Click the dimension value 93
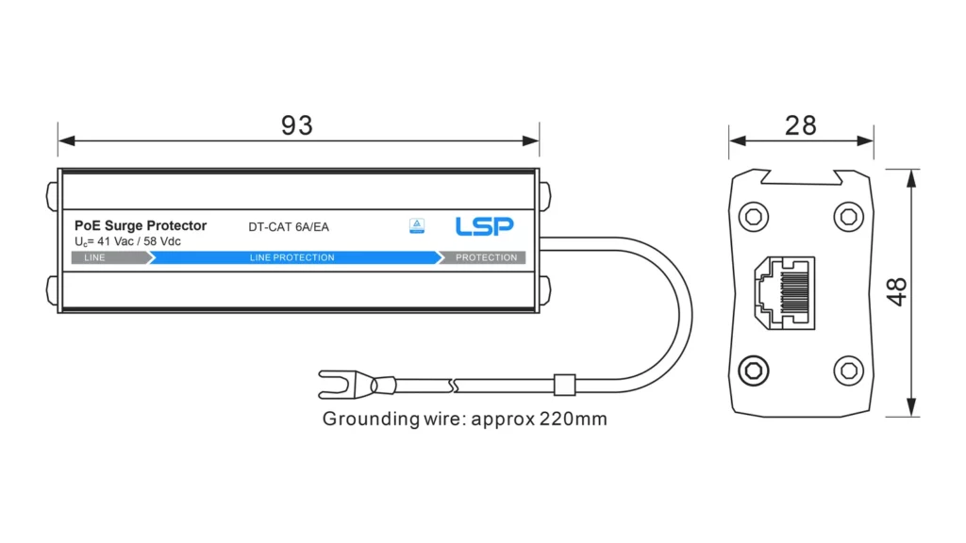pos(297,125)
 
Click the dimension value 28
pos(800,125)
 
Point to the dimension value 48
pos(897,292)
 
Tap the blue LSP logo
pos(484,226)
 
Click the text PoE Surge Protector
pos(141,225)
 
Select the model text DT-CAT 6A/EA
pos(289,227)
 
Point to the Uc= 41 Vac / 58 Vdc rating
pos(127,241)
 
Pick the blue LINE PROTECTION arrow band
pos(294,257)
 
